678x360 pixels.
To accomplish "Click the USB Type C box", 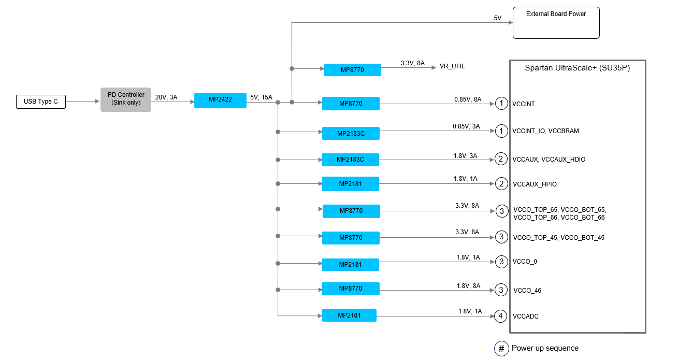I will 41,102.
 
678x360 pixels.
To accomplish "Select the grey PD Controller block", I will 126,99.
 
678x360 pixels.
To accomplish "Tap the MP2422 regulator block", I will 220,100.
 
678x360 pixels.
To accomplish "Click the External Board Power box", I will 556,22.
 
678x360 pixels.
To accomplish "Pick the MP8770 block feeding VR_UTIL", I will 352,69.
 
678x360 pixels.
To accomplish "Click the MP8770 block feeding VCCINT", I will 351,104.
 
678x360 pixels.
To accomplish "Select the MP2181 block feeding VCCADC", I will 349,315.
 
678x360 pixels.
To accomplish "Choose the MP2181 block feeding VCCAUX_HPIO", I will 350,184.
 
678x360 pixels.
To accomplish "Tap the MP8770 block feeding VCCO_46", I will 351,289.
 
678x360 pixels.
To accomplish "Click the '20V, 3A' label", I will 166,97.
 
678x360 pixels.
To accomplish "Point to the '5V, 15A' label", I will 261,97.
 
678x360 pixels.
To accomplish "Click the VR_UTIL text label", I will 452,66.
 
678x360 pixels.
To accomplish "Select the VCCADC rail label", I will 526,316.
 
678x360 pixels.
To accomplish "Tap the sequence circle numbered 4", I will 500,316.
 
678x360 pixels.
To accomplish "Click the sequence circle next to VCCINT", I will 501,104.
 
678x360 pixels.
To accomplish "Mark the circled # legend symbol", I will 501,349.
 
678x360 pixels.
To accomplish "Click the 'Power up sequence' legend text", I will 545,348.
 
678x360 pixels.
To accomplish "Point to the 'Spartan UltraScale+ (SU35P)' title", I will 577,68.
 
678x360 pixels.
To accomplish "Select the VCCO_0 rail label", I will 525,262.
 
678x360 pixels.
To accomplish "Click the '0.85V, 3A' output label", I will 466,126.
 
